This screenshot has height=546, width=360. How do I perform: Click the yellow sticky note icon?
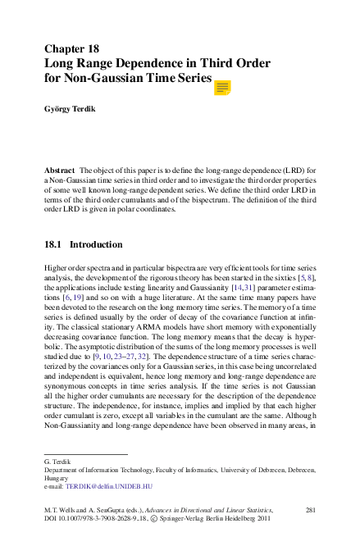[222, 87]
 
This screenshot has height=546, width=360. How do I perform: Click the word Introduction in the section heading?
[96, 244]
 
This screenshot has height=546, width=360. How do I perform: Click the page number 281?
[310, 510]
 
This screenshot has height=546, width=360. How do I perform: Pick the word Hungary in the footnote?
[57, 477]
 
